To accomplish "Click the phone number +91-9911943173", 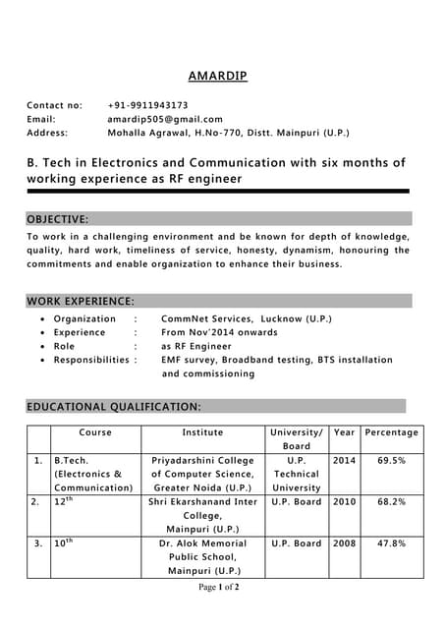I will (147, 105).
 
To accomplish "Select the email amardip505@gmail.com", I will (164, 119).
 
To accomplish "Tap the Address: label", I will (47, 133).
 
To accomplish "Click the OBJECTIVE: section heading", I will (58, 219).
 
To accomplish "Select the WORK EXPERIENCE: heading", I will (81, 301).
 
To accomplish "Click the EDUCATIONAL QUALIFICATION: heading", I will (114, 406).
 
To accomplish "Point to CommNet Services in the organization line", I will (203, 319).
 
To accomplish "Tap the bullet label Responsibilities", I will (91, 361).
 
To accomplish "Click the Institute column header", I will (202, 432).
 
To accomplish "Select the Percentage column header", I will (391, 432).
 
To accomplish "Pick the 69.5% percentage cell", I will (391, 460).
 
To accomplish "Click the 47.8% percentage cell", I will (391, 543).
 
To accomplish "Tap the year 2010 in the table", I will (344, 501).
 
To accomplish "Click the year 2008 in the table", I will (344, 543).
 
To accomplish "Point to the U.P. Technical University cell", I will (296, 474).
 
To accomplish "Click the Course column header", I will (95, 432).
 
